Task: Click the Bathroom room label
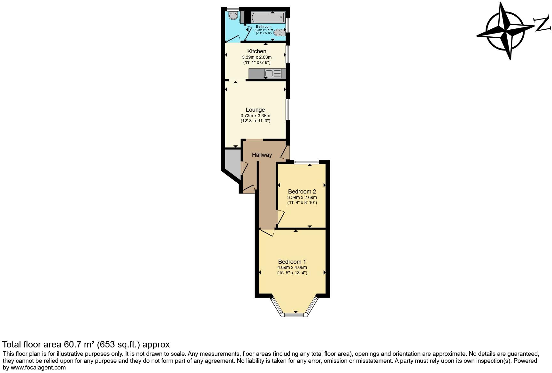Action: point(264,27)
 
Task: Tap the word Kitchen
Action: point(257,51)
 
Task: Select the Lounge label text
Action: point(255,110)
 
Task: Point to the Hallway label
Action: point(262,155)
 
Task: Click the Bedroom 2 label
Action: point(302,192)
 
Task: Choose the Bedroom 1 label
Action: point(292,262)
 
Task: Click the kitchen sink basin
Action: point(269,74)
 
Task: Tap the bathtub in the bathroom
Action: point(268,17)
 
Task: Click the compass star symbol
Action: point(505,31)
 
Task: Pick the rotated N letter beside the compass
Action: point(543,25)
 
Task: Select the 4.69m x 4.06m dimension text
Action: point(292,267)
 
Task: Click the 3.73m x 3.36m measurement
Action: point(255,116)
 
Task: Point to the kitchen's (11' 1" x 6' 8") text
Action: point(257,62)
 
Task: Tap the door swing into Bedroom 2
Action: point(280,217)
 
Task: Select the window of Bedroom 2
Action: point(307,162)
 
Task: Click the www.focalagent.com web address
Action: point(38,367)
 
